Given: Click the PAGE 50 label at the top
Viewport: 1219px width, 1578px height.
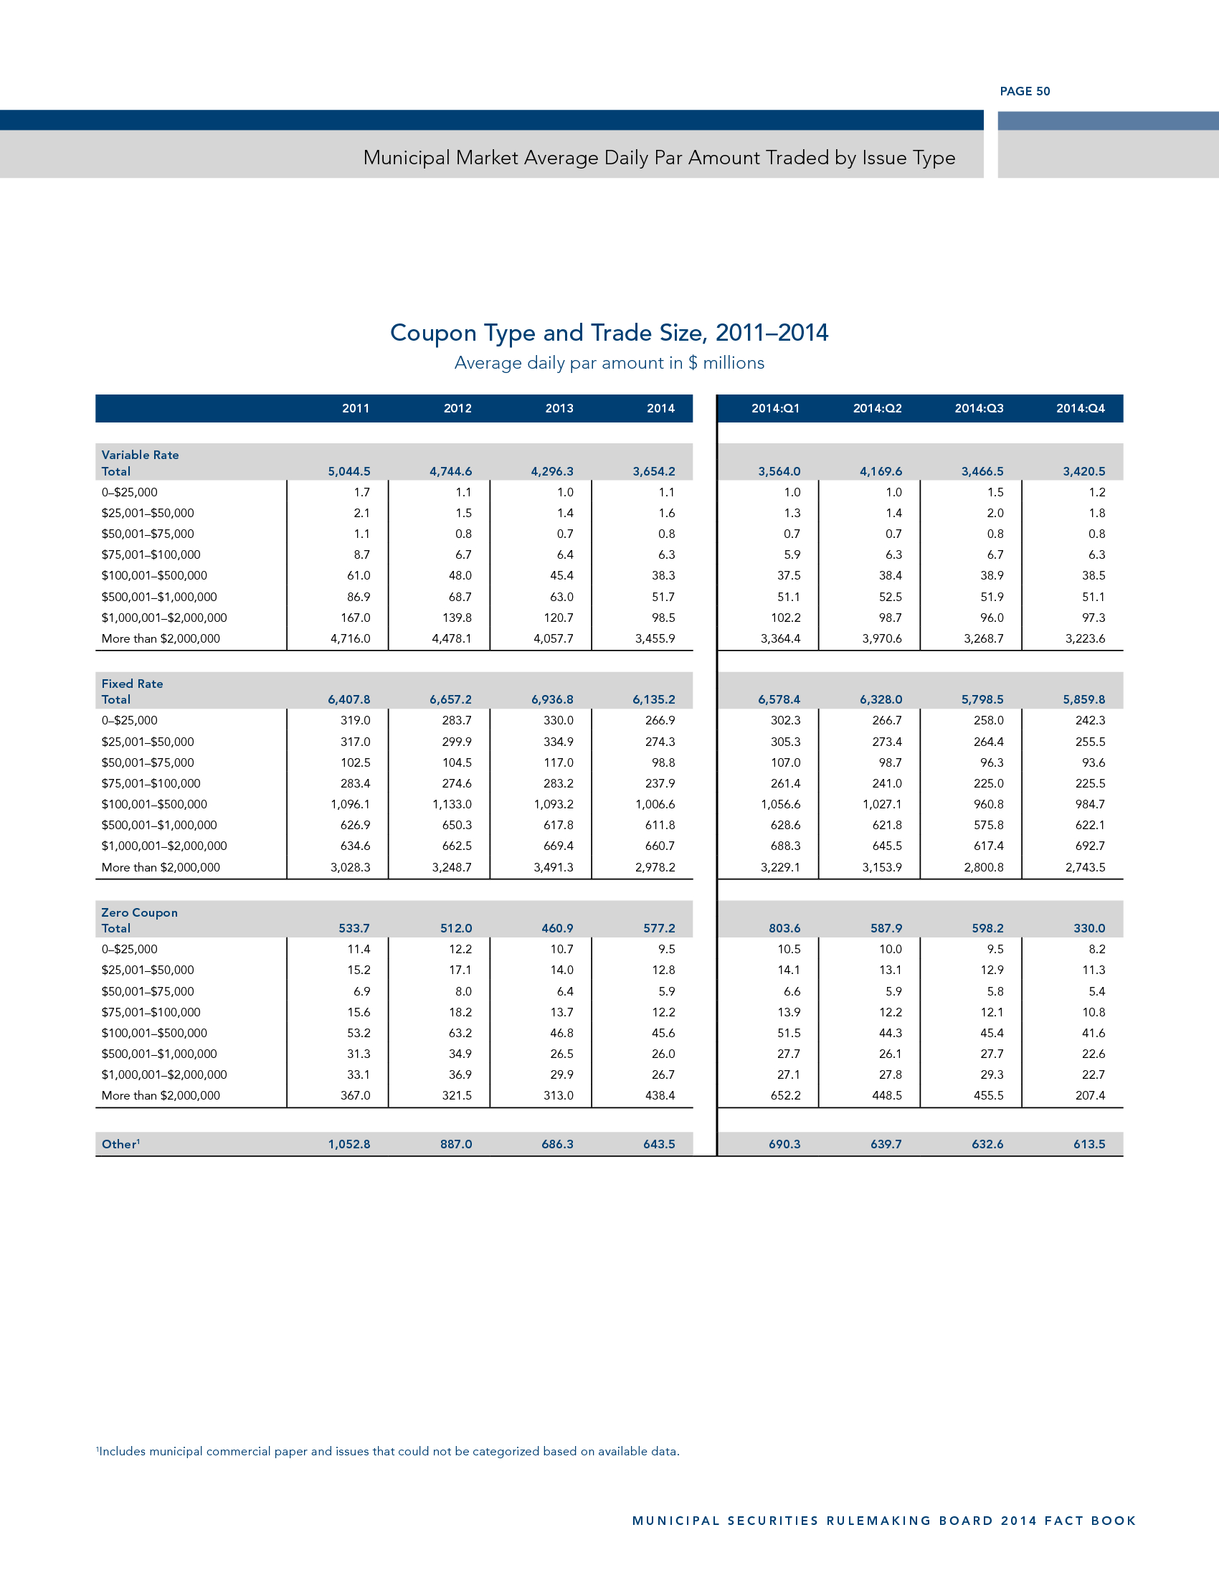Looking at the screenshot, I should [1024, 91].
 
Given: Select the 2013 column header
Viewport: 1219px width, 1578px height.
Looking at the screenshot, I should [559, 408].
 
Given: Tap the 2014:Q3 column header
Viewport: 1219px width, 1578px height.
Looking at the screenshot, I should [979, 408].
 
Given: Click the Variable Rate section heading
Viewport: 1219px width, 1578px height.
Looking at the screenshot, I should [140, 455].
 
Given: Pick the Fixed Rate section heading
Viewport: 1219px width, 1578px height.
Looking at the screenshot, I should [132, 684].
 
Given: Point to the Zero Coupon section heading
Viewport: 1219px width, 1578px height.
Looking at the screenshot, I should [139, 912].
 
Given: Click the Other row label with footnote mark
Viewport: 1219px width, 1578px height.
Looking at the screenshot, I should [120, 1144].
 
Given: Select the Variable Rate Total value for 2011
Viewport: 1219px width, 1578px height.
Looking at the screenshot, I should [348, 471].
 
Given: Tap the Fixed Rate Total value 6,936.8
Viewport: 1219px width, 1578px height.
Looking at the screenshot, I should [551, 699].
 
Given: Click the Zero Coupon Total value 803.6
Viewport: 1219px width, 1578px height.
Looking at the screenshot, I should [784, 927].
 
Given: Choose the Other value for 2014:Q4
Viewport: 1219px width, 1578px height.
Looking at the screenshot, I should [1089, 1144].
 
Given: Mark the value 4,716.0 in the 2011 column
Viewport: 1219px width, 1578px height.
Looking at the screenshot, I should [350, 638].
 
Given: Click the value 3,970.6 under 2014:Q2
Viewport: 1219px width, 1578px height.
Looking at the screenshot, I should [882, 638].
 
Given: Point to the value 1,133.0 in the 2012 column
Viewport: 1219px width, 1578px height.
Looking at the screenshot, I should [451, 804].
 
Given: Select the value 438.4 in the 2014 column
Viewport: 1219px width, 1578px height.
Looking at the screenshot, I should [659, 1095].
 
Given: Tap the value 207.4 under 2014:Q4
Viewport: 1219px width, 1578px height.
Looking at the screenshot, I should [1090, 1095].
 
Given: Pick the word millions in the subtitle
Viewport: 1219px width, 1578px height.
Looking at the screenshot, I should [733, 363].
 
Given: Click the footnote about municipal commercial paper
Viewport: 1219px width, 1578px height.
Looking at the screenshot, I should [389, 1451].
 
